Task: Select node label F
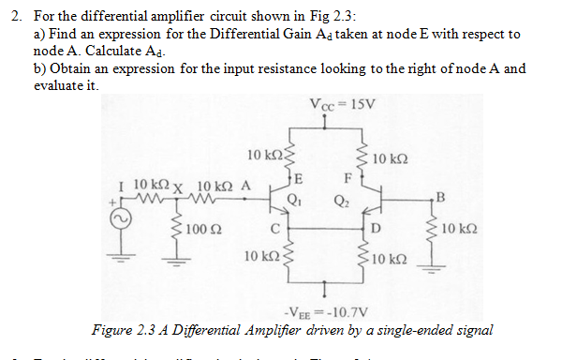[348, 178]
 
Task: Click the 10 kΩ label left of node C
[260, 255]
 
